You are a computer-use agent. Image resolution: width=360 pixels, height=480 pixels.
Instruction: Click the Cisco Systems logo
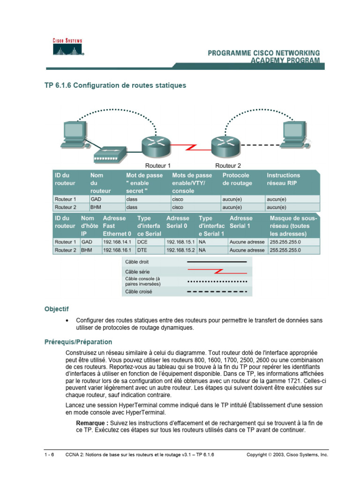coord(67,47)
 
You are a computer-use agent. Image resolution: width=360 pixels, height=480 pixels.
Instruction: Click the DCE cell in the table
coord(142,242)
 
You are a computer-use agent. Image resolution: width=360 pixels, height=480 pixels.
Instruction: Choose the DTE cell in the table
coord(142,250)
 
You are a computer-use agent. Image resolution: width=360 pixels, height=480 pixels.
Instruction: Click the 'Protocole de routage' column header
coord(238,179)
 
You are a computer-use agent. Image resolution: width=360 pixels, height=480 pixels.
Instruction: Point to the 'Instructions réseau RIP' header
coord(284,179)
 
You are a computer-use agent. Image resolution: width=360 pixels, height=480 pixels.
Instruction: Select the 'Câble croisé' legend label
coord(139,291)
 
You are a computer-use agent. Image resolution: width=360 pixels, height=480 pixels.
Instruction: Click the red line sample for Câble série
coord(217,271)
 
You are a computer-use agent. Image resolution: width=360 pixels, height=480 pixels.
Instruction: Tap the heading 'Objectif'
coord(56,309)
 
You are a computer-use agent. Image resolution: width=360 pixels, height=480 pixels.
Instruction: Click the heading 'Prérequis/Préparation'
coord(78,342)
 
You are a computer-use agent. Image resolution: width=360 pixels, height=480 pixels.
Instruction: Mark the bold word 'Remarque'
coord(92,423)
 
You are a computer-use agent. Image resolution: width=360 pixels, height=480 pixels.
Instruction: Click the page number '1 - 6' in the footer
coord(49,455)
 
